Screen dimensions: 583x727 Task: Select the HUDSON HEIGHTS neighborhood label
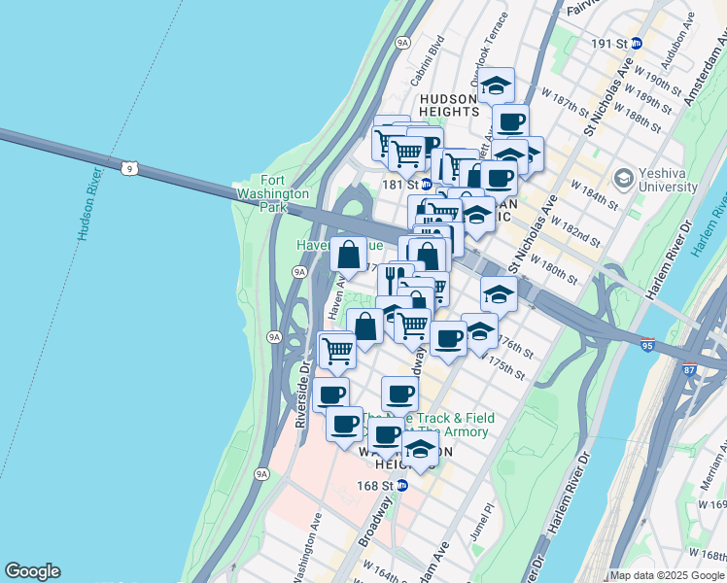coord(448,105)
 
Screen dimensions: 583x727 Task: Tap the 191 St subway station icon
coord(637,43)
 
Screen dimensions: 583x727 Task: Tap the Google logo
coord(32,571)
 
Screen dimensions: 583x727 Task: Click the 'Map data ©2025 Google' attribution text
coord(668,575)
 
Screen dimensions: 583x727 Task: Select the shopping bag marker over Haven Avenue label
coord(349,255)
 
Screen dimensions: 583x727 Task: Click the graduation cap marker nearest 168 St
coord(420,449)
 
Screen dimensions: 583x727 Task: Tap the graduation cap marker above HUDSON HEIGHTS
coord(496,85)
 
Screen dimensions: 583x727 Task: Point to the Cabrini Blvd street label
coord(428,58)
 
